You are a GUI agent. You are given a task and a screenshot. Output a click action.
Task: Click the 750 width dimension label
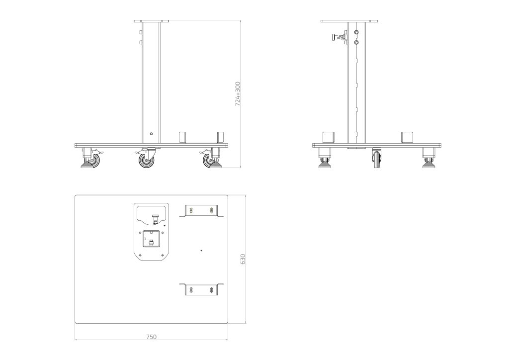pos(151,337)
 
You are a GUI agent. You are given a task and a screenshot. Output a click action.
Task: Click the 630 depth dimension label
pos(243,259)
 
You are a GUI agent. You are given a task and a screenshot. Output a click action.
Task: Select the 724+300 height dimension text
pos(238,94)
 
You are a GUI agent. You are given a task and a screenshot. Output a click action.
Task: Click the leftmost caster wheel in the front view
pos(92,160)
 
